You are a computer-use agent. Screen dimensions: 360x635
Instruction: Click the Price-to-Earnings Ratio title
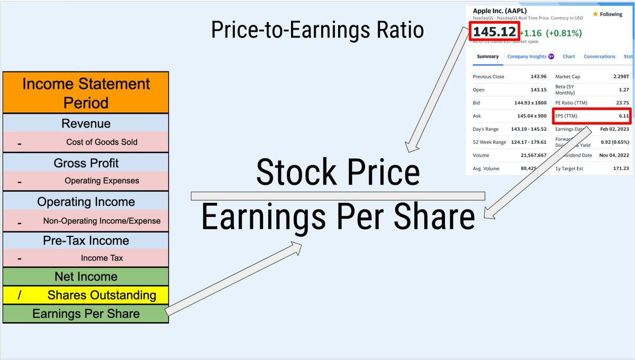317,30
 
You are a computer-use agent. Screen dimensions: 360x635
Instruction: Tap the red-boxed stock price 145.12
494,32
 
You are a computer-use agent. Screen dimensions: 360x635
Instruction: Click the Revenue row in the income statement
86,124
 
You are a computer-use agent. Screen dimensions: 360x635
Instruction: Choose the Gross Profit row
86,163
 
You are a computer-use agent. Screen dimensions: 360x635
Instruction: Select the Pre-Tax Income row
86,240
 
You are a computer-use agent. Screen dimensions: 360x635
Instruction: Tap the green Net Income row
86,276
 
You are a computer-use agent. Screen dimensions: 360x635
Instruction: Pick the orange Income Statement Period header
86,93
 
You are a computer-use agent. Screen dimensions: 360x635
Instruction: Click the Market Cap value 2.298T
620,77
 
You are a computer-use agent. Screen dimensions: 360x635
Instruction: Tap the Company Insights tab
527,57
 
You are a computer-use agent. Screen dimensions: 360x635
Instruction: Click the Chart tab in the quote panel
569,57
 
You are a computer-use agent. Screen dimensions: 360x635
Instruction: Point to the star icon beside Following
595,14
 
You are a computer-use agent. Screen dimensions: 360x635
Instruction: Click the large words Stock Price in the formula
338,173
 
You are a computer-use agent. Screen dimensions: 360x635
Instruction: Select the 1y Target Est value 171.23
620,168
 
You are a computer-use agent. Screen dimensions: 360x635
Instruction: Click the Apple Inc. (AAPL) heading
500,11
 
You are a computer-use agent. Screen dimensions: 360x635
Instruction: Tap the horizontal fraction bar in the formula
338,196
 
